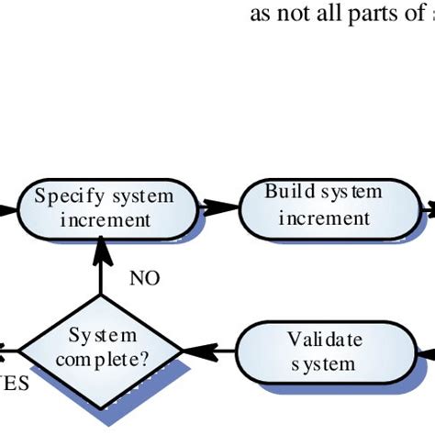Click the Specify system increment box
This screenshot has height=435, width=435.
point(105,208)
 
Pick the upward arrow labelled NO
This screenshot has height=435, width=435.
point(100,271)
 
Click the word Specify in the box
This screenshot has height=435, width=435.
point(65,196)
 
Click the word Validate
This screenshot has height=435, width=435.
point(325,340)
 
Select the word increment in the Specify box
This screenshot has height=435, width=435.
point(105,221)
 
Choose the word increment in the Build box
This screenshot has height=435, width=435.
point(324,218)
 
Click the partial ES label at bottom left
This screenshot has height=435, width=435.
point(15,383)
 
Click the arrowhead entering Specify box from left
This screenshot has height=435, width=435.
point(7,208)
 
